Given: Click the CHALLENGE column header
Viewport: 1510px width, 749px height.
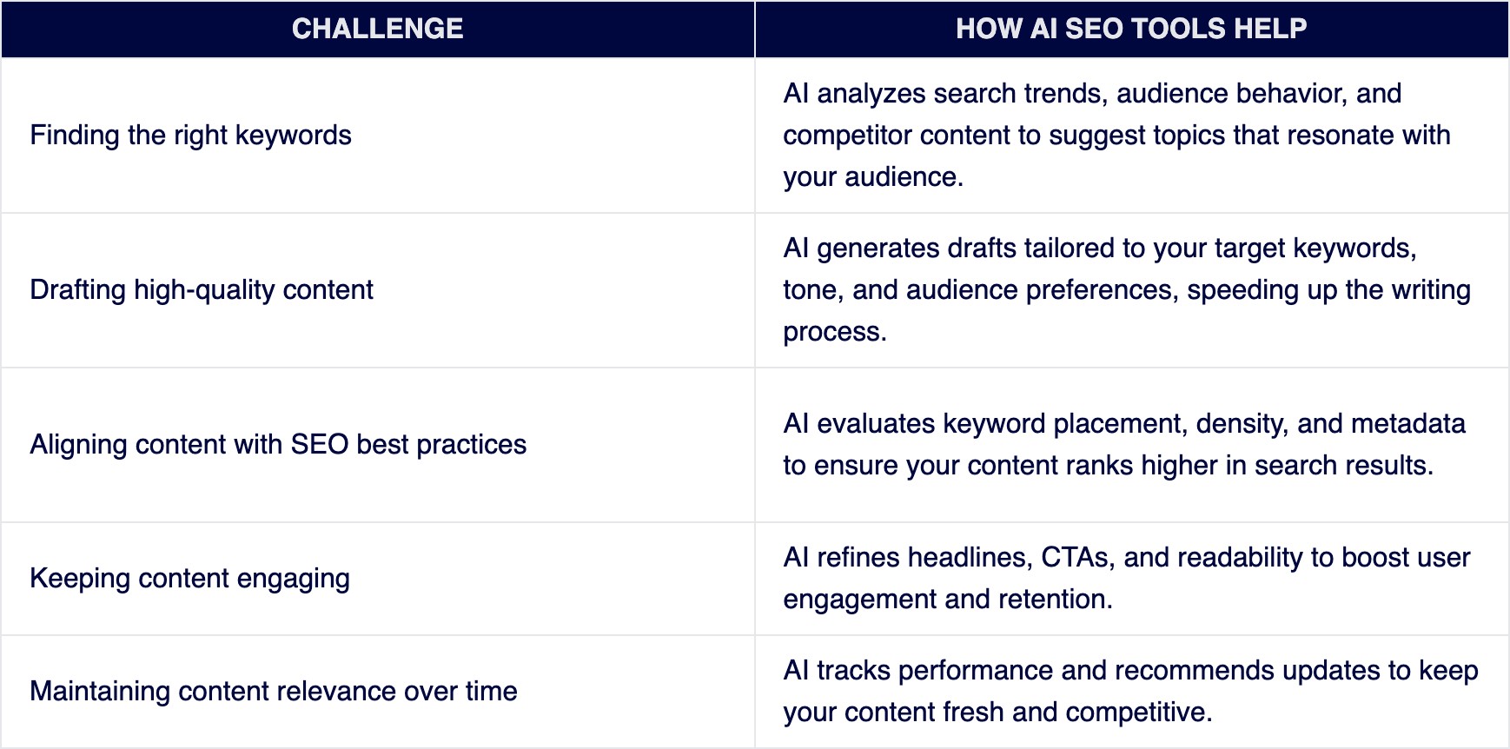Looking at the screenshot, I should (x=377, y=29).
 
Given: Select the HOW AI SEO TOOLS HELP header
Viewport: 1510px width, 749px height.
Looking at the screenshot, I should (x=1130, y=29).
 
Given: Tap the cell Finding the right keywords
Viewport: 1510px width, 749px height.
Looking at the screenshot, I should (x=190, y=136).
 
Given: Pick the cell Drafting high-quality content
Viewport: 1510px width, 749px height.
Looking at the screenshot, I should (x=202, y=290).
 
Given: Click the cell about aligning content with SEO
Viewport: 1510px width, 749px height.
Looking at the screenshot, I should (x=278, y=445).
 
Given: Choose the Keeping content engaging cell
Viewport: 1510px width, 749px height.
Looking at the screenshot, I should (x=189, y=579).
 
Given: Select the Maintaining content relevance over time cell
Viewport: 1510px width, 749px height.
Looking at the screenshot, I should (x=273, y=692).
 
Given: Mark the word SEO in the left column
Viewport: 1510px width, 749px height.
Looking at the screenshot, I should (x=319, y=445).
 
